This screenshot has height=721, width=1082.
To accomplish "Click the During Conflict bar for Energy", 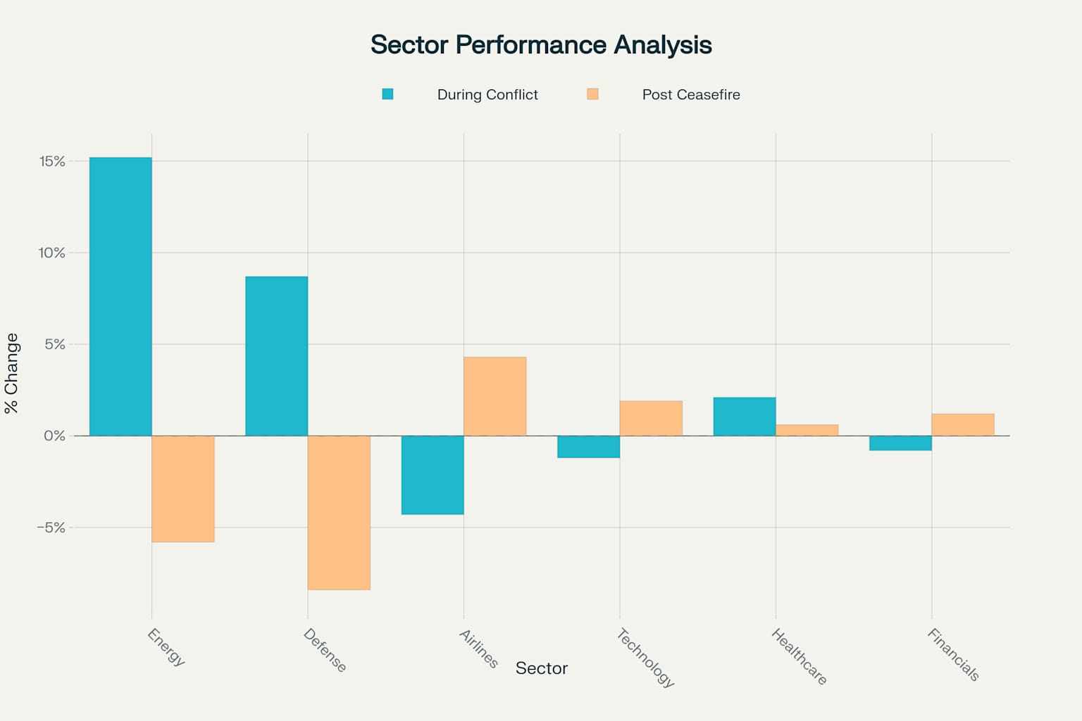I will [120, 296].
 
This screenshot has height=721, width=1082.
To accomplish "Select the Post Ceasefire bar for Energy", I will [183, 489].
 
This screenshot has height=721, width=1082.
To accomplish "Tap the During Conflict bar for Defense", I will [276, 356].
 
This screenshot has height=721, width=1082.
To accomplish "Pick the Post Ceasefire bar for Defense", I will [339, 513].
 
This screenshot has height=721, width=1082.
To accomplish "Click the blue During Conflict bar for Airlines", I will [433, 475].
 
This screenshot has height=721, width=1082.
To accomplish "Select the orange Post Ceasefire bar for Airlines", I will [495, 396].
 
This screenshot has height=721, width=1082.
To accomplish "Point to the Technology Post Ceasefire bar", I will [651, 418].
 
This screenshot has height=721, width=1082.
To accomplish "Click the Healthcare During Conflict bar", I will [745, 417].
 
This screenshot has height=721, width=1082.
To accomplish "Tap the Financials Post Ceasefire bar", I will [963, 425].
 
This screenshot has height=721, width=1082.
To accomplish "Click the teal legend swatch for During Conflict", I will [387, 94].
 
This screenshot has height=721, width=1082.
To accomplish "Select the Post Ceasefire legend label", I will [691, 94].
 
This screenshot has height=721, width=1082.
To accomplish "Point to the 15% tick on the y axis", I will [52, 161].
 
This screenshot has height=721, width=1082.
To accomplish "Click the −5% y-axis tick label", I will [51, 527].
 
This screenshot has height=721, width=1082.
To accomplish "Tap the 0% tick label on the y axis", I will [54, 436].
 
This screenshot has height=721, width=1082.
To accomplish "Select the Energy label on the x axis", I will [166, 647].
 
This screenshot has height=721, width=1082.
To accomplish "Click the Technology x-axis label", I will [645, 658].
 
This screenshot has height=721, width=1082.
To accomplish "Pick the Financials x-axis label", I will [953, 655].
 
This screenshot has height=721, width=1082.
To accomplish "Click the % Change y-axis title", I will [12, 373].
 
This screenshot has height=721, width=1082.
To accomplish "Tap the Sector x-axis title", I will [541, 668].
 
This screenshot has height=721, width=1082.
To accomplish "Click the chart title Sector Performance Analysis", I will [541, 45].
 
